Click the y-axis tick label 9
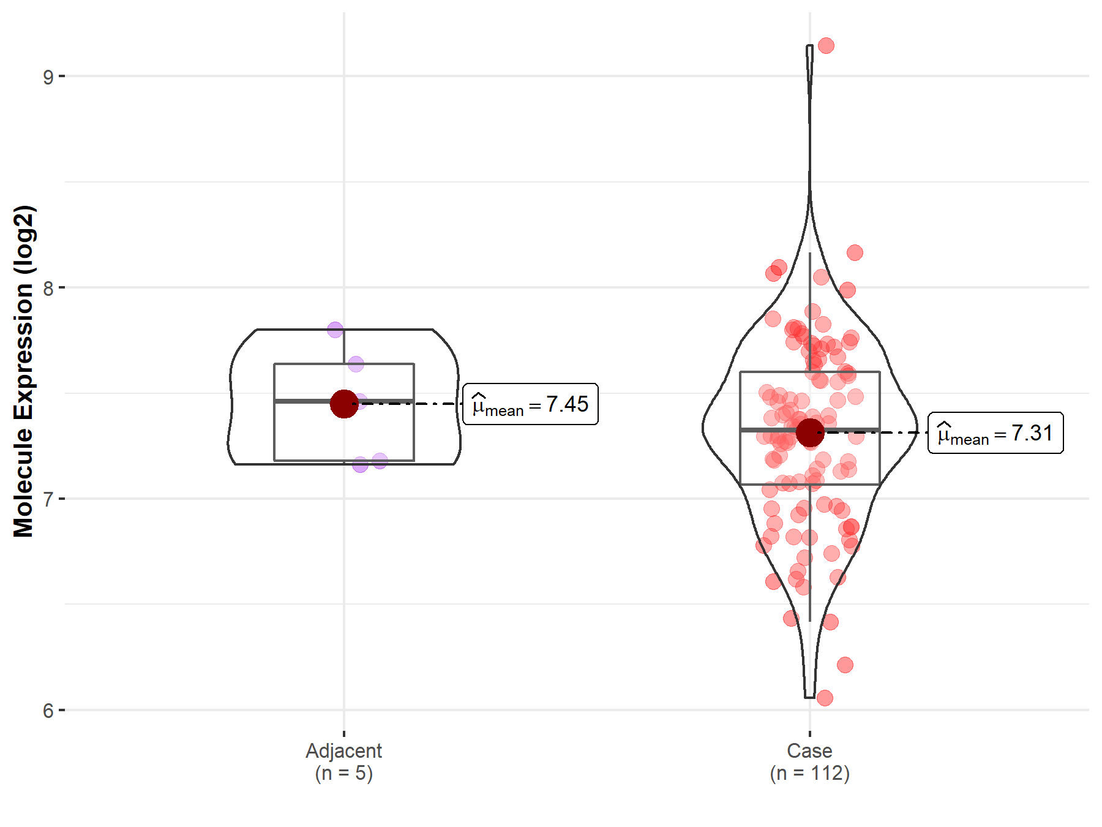tap(48, 77)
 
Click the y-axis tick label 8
tap(48, 288)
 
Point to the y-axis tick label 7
tap(48, 499)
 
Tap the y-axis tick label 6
tap(48, 711)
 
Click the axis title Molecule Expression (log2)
tap(23, 371)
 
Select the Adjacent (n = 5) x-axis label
tap(343, 761)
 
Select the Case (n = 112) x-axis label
tap(809, 761)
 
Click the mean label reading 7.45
tap(530, 404)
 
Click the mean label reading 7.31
tap(995, 433)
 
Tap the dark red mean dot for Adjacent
tap(343, 404)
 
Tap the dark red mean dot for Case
tap(809, 433)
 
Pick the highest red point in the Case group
tap(826, 45)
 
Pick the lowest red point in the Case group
tap(825, 698)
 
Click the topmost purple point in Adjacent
tap(335, 330)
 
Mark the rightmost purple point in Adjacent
tap(380, 461)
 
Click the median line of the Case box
tap(765, 430)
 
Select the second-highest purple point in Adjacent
tap(356, 364)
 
